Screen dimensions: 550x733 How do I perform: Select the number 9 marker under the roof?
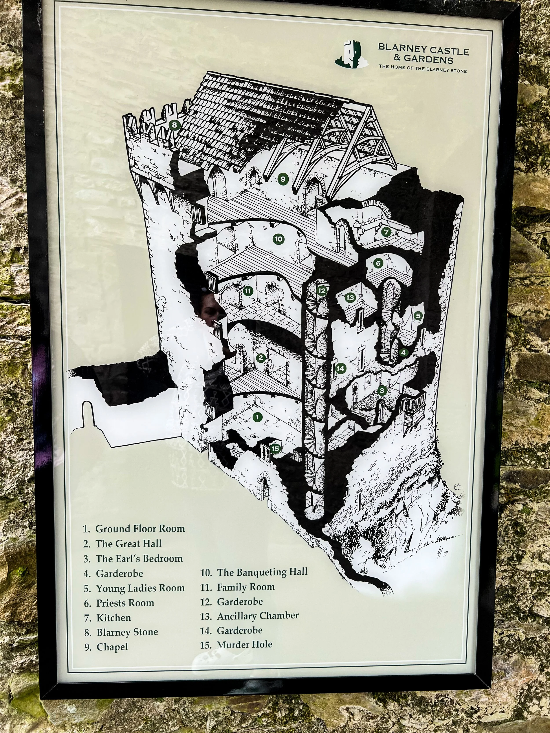(x=282, y=179)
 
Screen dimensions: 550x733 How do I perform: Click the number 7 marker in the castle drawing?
(x=386, y=232)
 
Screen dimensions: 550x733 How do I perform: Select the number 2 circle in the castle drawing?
(x=260, y=358)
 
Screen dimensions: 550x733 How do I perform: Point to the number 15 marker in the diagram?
(x=275, y=449)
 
